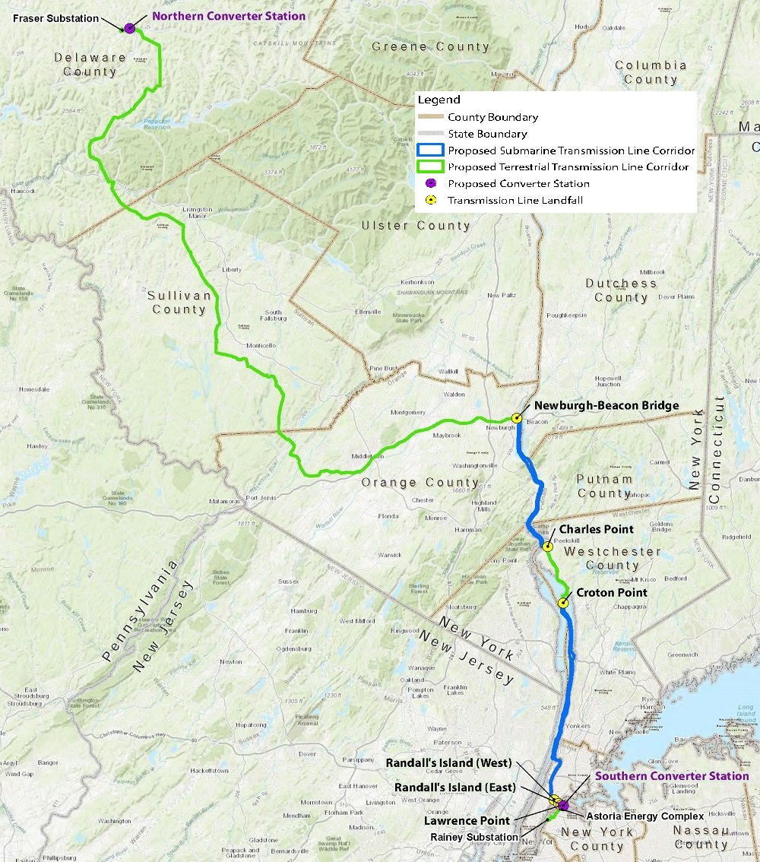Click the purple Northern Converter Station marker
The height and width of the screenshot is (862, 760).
130,28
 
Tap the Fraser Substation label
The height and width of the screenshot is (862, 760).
55,18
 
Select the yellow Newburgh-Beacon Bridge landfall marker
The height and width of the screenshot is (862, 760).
517,417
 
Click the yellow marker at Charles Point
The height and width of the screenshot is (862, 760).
547,546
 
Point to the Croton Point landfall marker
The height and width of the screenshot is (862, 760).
563,603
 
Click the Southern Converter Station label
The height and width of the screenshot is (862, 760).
672,776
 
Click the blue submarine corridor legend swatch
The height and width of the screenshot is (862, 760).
430,151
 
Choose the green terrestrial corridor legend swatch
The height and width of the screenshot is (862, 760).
430,167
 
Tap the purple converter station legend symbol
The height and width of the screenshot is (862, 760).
431,184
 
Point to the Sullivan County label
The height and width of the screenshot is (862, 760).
179,303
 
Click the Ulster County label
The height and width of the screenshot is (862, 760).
416,226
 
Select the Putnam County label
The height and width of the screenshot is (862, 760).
604,486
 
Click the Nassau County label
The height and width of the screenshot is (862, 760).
701,838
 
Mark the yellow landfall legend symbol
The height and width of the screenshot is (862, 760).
431,201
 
